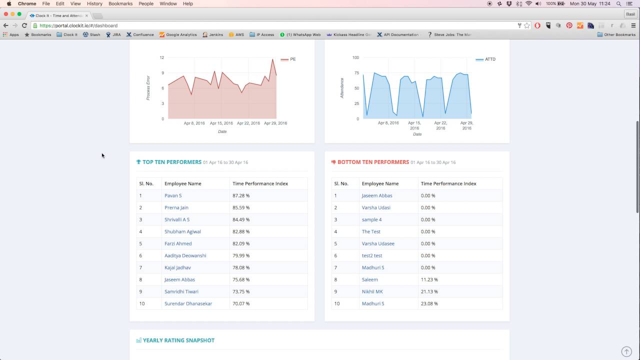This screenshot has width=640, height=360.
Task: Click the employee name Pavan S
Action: click(173, 195)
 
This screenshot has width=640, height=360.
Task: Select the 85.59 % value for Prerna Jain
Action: click(241, 207)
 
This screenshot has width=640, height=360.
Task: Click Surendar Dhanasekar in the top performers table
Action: click(188, 303)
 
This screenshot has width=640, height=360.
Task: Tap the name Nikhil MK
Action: click(372, 291)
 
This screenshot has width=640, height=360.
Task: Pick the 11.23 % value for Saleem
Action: click(429, 279)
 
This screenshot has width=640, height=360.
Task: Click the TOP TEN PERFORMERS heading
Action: click(171, 162)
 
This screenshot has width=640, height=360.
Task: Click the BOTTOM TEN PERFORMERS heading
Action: click(373, 162)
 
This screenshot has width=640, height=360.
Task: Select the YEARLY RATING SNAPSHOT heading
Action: click(178, 340)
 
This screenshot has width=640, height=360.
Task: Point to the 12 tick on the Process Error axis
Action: click(161, 57)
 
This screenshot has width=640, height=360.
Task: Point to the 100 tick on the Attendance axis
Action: click(355, 57)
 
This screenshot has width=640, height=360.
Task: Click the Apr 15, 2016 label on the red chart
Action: click(221, 123)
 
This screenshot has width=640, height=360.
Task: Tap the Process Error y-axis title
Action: click(148, 88)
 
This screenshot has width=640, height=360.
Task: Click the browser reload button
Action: click(24, 25)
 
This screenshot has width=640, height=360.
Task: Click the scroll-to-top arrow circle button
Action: click(626, 351)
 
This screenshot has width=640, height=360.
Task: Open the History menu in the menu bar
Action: click(94, 3)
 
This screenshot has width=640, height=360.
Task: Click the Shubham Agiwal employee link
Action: click(182, 231)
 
